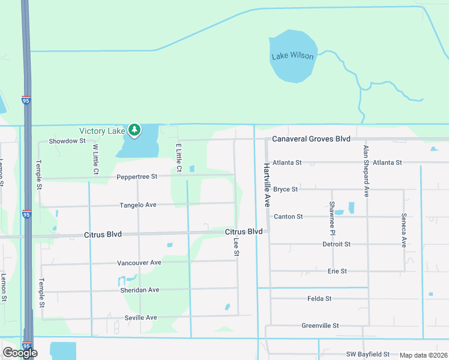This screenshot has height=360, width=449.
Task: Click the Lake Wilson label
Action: click(292, 56)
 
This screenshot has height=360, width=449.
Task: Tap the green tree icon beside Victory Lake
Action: click(136, 130)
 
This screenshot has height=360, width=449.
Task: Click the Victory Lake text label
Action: click(102, 131)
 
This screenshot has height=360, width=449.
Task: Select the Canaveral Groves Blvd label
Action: click(311, 139)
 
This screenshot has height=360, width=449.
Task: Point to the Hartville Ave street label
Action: click(265, 185)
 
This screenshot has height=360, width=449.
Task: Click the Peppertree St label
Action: click(137, 176)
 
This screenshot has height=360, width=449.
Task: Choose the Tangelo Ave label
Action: click(137, 205)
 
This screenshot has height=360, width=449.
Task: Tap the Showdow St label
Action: click(67, 141)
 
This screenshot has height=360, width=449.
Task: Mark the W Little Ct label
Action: click(95, 159)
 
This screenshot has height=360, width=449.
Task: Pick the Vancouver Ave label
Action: click(139, 262)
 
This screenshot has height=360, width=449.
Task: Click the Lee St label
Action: click(237, 247)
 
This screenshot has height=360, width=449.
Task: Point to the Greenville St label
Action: click(320, 326)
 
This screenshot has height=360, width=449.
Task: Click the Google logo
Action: click(20, 353)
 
